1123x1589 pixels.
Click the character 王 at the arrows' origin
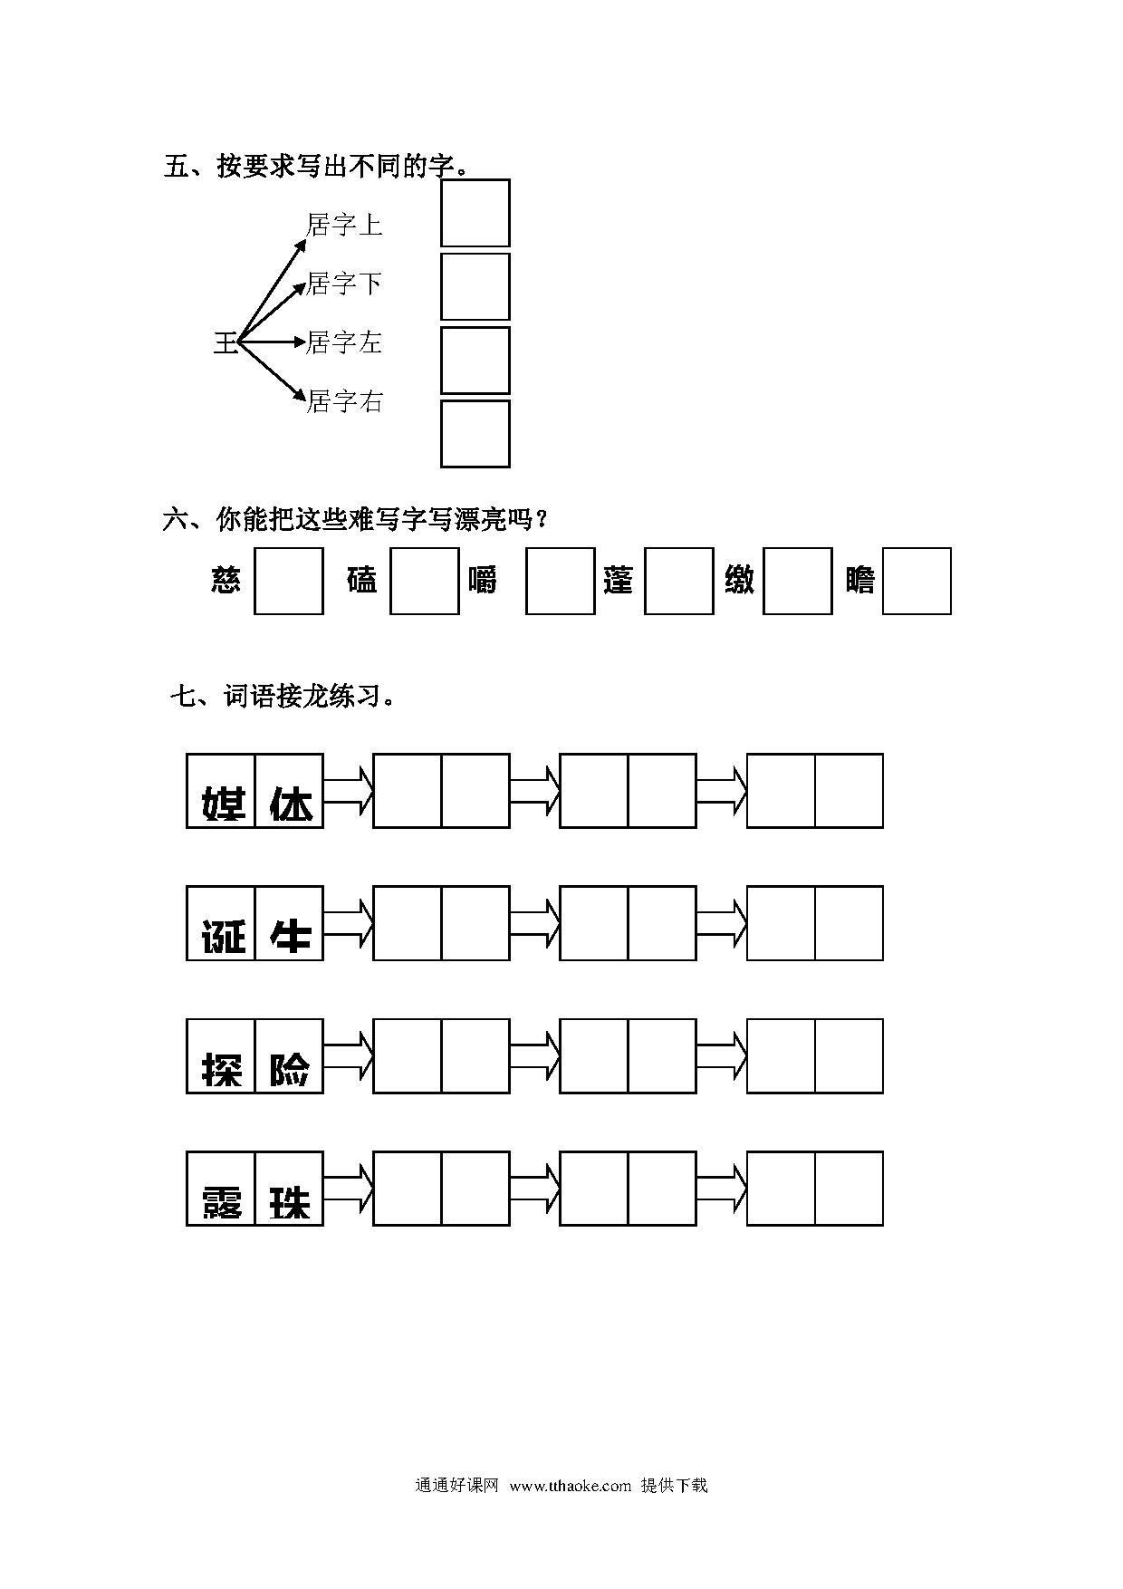pos(225,343)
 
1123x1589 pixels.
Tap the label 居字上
pos(344,225)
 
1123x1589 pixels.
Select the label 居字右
pos(344,400)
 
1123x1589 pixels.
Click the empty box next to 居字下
pos(475,286)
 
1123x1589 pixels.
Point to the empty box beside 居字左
pos(475,361)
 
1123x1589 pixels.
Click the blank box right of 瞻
pos(917,581)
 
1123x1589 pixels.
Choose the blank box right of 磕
pos(425,581)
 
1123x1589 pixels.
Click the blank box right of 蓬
pos(679,581)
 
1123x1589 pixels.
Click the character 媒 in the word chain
pos(222,803)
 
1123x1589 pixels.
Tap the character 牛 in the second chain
pos(290,936)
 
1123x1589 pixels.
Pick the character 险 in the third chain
pos(290,1069)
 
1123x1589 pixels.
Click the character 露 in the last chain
pos(222,1201)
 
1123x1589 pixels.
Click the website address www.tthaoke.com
pos(571,1485)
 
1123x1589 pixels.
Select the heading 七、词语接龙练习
pos(283,697)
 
